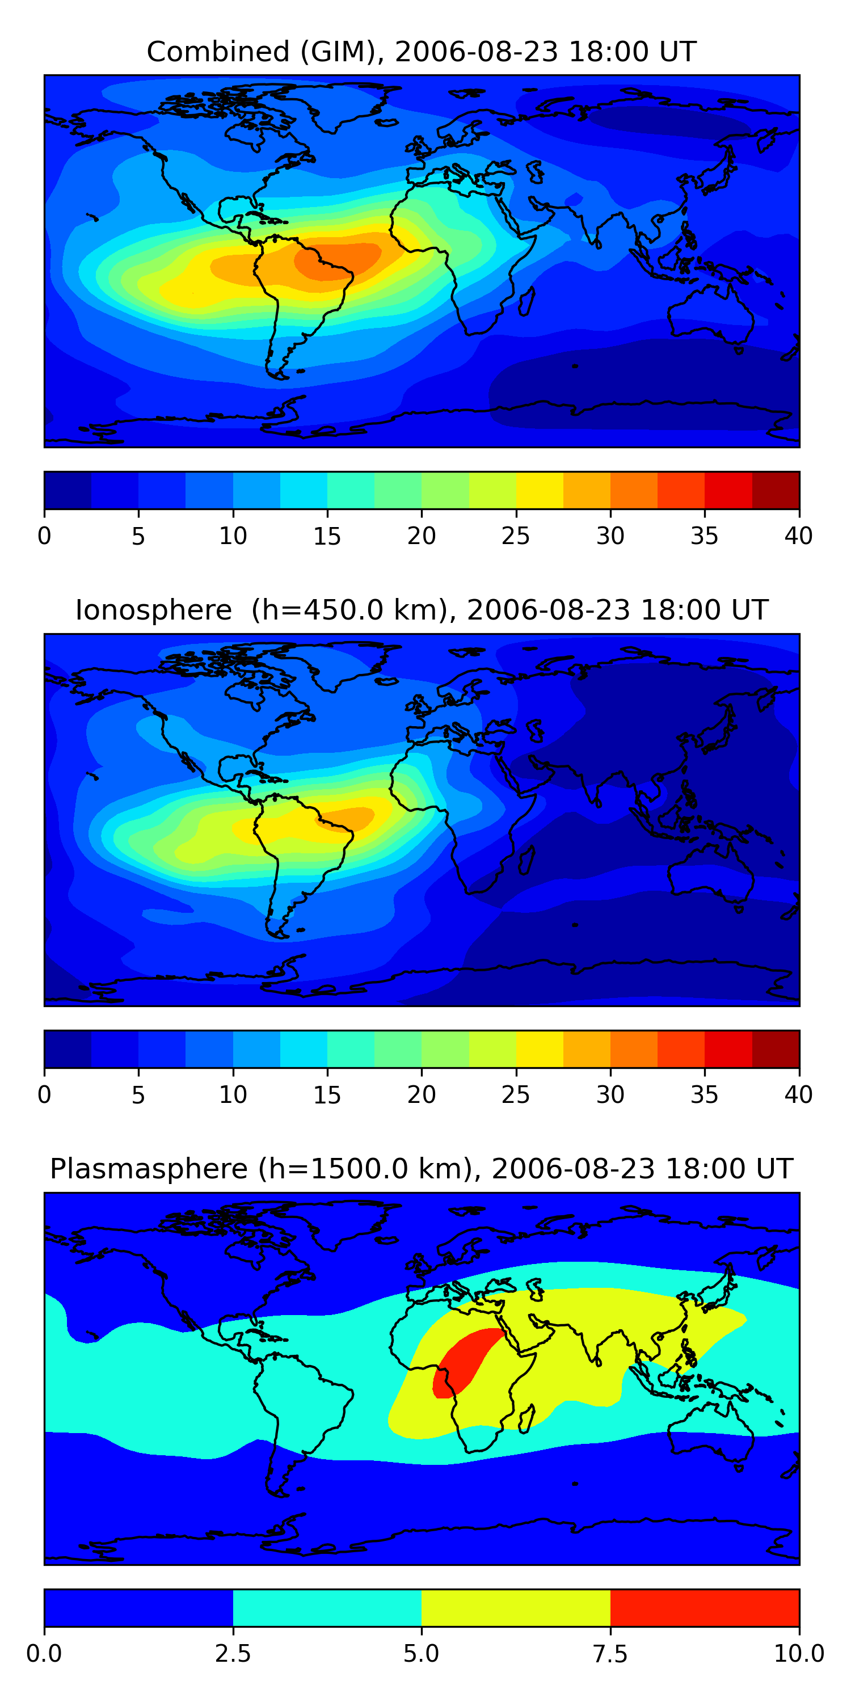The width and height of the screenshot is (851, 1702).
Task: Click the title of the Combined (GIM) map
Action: [422, 52]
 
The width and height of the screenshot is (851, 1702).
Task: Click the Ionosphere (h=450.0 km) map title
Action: [422, 610]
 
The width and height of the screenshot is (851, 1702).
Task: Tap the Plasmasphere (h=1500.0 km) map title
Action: [422, 1169]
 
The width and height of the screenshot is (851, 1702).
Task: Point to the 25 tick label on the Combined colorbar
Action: [515, 536]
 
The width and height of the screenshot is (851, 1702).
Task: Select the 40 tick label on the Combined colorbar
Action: [798, 536]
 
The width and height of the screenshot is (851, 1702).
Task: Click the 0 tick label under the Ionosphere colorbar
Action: [44, 1095]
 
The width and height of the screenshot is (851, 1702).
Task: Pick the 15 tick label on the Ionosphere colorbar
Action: [327, 1095]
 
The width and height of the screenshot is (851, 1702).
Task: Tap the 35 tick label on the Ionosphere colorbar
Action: [704, 1095]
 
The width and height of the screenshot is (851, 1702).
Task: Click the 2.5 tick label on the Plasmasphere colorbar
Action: [233, 1654]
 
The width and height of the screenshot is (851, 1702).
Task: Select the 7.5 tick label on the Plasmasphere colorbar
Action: [610, 1654]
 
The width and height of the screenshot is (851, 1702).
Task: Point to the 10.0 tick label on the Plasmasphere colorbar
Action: [798, 1654]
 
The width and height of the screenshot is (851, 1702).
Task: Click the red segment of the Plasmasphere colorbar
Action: [704, 1607]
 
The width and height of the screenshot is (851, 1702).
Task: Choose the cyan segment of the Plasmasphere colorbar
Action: [327, 1607]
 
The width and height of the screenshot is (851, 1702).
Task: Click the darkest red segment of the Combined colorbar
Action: [776, 490]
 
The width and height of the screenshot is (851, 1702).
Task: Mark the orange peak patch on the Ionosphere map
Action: [350, 818]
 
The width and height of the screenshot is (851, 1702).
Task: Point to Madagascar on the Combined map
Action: [526, 301]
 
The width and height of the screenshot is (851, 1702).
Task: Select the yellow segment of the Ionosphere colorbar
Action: [539, 1049]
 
